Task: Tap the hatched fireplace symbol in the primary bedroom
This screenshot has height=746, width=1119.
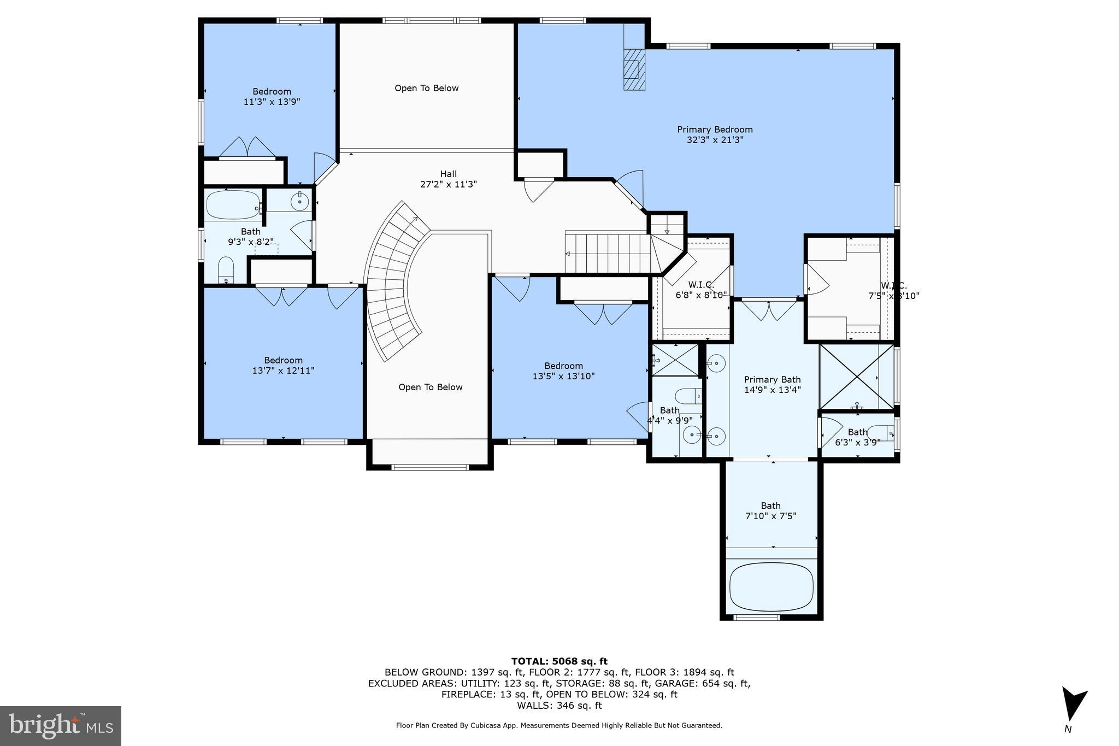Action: coord(634,69)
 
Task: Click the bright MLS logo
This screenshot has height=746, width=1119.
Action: coord(61,726)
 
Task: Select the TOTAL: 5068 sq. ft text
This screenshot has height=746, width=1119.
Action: coord(559,661)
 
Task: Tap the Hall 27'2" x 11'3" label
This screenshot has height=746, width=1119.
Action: coord(448,179)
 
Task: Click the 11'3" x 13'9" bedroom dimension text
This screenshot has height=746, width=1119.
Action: coord(272,102)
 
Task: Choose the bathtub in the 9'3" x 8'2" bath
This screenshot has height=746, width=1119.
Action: coord(233,205)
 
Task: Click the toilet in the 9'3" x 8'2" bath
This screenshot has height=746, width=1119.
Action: coord(226,270)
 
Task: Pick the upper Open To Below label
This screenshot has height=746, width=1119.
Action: coord(426,88)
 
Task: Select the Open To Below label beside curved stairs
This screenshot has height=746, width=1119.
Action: coord(430,387)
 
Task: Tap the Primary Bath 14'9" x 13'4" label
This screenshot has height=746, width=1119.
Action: coord(772,384)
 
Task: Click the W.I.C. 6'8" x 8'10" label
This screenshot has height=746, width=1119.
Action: coord(701,290)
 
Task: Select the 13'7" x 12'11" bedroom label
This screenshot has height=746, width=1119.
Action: coord(282,365)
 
